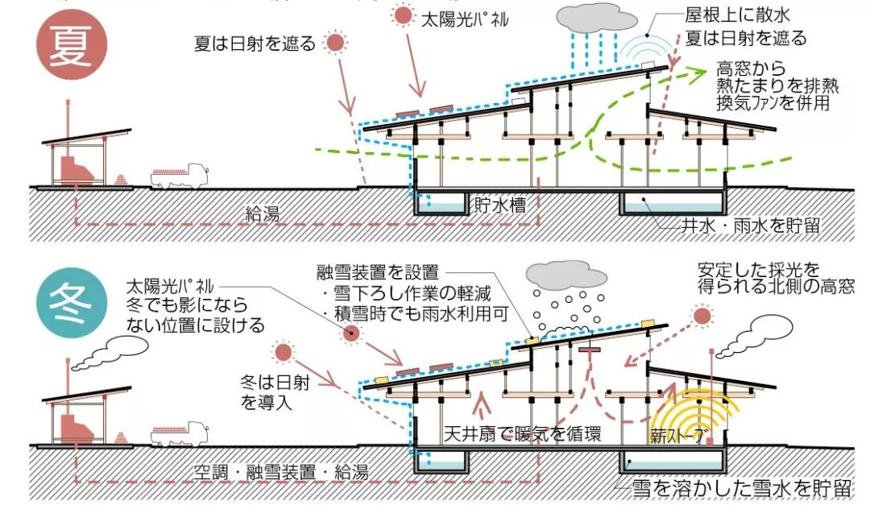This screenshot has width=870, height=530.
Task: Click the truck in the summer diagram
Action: (x=180, y=175)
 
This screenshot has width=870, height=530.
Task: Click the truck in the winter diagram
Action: (x=180, y=433)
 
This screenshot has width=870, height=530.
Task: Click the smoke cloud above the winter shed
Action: (x=110, y=349)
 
